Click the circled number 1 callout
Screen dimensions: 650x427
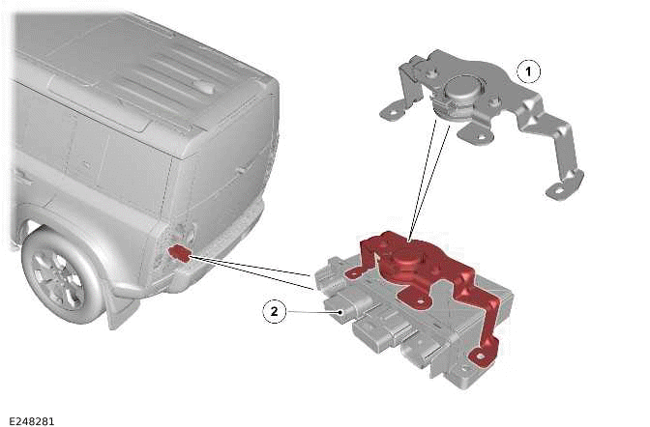528,71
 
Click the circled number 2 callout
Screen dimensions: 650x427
275,311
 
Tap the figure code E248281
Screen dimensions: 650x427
32,421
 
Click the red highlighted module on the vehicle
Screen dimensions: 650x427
179,253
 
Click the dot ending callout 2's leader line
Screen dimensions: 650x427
340,312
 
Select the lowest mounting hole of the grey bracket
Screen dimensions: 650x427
558,191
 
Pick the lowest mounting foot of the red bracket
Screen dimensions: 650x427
481,356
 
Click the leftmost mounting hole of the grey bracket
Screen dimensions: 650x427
392,111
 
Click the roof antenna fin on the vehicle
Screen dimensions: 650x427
205,87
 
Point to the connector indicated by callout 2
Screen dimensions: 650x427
337,308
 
